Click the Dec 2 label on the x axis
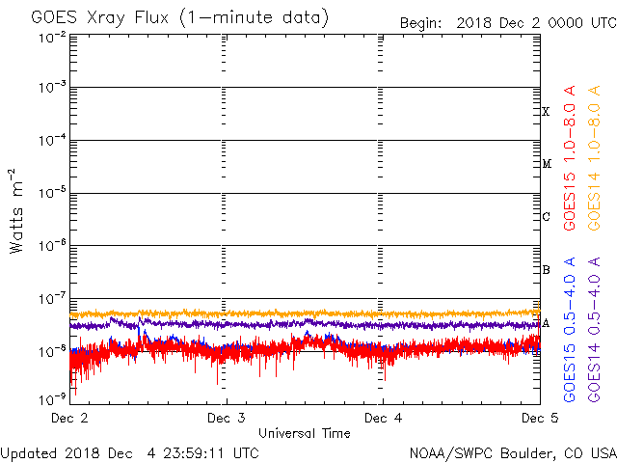click(69, 418)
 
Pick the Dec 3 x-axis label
click(227, 418)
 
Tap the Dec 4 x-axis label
click(383, 418)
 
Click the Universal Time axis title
click(304, 433)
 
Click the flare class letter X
click(546, 112)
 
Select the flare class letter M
click(546, 164)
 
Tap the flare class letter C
click(546, 217)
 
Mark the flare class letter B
click(546, 270)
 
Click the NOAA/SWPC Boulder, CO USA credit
click(512, 451)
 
